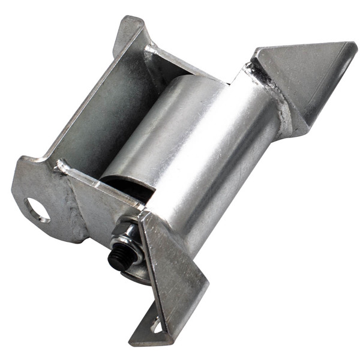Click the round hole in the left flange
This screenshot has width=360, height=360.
point(37,210)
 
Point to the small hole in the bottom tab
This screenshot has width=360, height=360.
point(157,327)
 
